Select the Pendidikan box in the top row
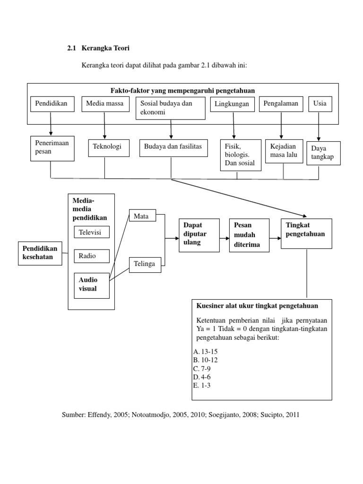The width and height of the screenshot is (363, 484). point(52,104)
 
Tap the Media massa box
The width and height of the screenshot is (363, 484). point(104,104)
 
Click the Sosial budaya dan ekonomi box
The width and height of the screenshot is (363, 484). point(170,108)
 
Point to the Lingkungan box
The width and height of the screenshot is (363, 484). point(233,104)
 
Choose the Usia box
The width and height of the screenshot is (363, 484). point(320,104)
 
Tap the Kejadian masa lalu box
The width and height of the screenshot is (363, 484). point(284,151)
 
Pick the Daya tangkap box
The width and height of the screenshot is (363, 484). point(323,153)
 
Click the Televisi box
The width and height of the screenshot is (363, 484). point(92,233)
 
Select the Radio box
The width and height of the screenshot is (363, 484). point(92,256)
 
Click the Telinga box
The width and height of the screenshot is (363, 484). point(145,264)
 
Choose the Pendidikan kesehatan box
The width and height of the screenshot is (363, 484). point(40,253)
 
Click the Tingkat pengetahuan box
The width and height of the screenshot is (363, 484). point(306,233)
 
